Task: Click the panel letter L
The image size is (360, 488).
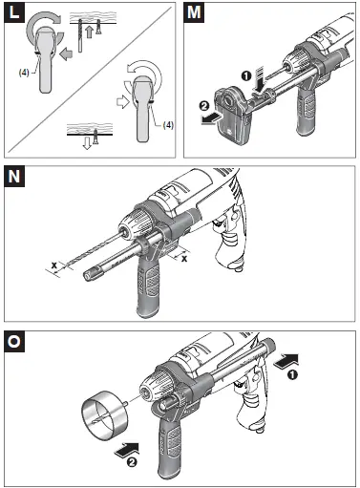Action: (15, 14)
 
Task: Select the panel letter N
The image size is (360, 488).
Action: (15, 177)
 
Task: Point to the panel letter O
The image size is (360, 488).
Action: (15, 341)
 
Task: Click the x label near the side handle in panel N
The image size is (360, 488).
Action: (184, 257)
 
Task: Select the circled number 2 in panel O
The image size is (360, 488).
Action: (116, 462)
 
